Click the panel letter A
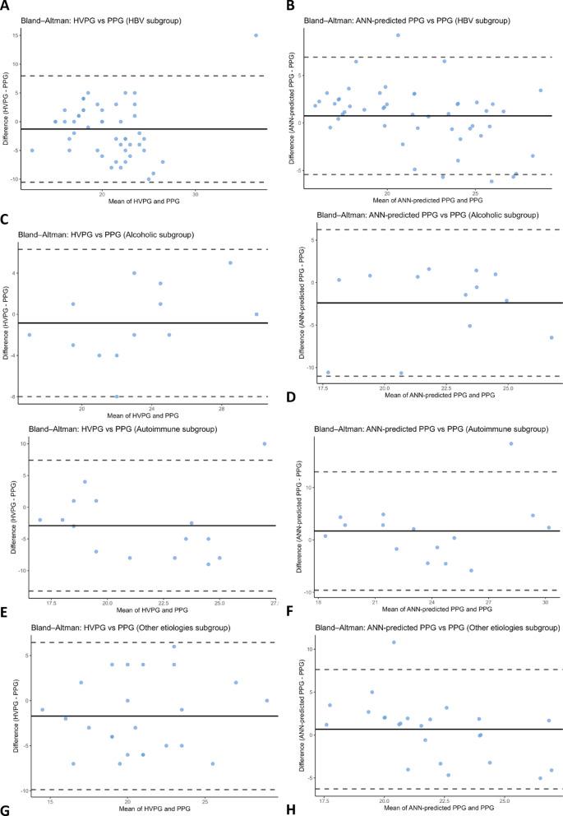[x=7, y=7]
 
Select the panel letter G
[x=7, y=811]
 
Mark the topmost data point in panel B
[x=398, y=35]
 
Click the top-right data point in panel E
[x=265, y=443]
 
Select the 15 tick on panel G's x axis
[x=50, y=802]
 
